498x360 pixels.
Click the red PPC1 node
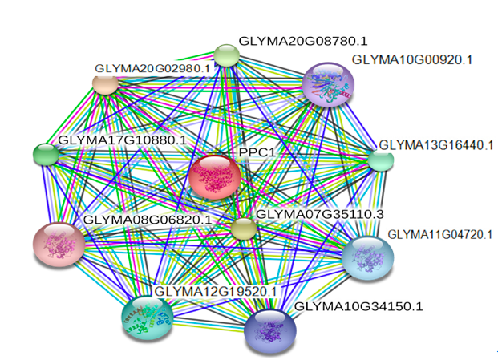point(214,177)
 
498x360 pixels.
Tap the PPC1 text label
point(257,152)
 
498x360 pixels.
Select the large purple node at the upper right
point(328,84)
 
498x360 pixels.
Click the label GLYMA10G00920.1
point(412,59)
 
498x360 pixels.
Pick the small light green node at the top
point(226,55)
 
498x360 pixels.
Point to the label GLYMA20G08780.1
point(303,41)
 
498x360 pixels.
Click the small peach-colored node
point(105,83)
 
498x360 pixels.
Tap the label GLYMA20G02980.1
point(152,68)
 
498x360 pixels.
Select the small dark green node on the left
point(46,154)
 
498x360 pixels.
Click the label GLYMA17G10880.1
point(123,140)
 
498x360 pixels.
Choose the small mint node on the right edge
point(380,160)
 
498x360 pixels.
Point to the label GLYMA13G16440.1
point(436,145)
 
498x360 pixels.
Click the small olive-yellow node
point(243,228)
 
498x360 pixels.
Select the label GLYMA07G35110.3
point(320,214)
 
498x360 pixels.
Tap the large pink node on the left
point(59,245)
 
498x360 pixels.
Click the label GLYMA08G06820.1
point(148,220)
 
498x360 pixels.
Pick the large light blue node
point(368,258)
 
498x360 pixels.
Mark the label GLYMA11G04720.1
point(440,235)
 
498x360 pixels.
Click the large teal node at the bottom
point(148,318)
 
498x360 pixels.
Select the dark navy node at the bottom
point(270,331)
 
